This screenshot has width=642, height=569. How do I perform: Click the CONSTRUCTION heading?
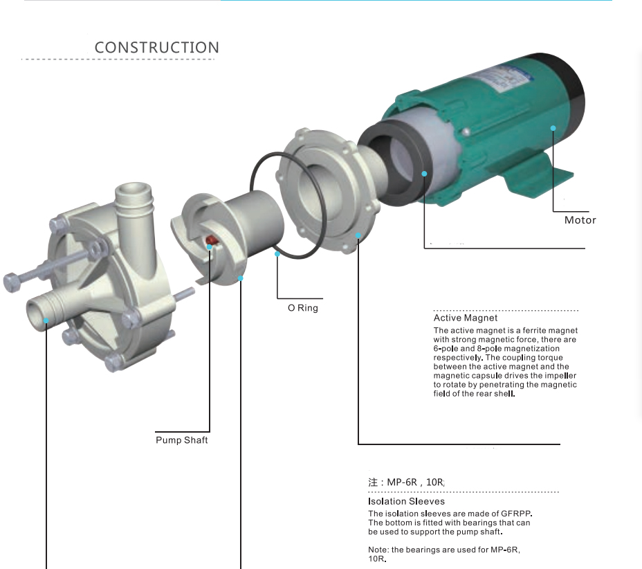tap(157, 48)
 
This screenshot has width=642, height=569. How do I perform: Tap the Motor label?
tap(580, 220)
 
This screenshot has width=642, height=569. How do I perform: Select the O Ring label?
tap(303, 308)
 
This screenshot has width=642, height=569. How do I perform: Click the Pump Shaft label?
tap(182, 440)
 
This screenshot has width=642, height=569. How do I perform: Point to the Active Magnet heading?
tap(466, 318)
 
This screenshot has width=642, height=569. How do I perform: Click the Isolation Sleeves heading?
tap(406, 501)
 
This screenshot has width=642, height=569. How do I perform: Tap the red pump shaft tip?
tap(211, 240)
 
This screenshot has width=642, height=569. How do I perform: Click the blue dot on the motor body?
tap(553, 128)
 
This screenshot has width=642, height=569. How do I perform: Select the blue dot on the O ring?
tap(277, 254)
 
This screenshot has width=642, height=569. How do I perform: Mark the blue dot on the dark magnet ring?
tap(424, 174)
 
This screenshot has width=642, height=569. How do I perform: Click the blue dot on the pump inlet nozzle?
tap(46, 320)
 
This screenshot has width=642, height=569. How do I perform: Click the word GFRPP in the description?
tap(516, 514)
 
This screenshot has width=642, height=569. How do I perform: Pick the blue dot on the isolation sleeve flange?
tap(358, 235)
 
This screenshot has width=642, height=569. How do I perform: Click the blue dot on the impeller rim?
tap(241, 278)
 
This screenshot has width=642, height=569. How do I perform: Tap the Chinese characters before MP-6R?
tap(373, 482)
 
